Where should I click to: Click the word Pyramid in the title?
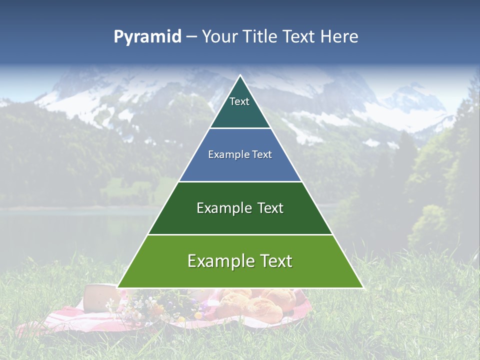coord(147,37)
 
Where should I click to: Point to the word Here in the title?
coord(339,37)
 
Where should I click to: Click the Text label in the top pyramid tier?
coord(239,101)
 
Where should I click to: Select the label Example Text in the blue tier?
coord(240,154)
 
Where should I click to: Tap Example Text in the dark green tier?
coord(240,208)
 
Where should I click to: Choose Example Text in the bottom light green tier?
coord(240,261)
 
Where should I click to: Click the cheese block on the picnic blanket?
coord(100,298)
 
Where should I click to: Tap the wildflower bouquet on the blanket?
coord(150,306)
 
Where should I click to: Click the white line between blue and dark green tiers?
coord(240,181)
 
